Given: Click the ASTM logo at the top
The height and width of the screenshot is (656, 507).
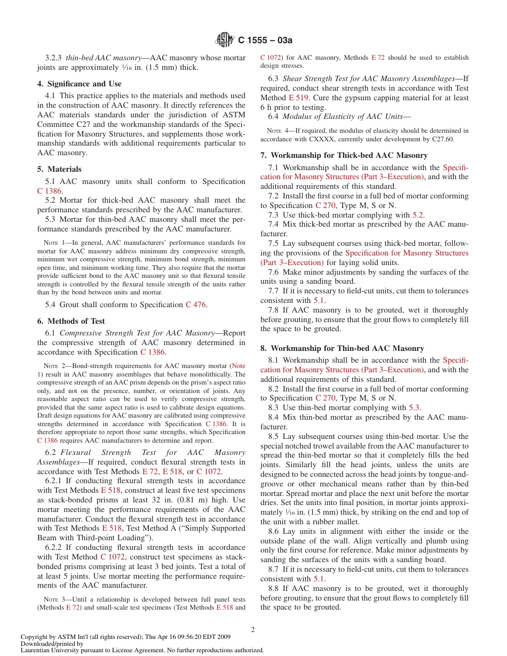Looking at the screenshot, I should [225, 39].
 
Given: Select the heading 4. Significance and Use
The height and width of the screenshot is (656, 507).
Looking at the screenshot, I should [79, 84].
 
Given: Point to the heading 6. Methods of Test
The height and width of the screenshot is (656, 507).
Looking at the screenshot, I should [71, 321].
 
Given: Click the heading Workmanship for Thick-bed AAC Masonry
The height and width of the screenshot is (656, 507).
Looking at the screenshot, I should [344, 155].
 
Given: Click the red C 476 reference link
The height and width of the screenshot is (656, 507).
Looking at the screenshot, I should [195, 305].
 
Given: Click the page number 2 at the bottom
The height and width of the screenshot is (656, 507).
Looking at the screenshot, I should [253, 629].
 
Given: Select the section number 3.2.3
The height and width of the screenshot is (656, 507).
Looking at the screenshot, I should [53, 58].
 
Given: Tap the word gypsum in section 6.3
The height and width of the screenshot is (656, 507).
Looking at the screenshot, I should [336, 98].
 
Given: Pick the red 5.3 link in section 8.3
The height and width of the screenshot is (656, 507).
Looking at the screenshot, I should [414, 407].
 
